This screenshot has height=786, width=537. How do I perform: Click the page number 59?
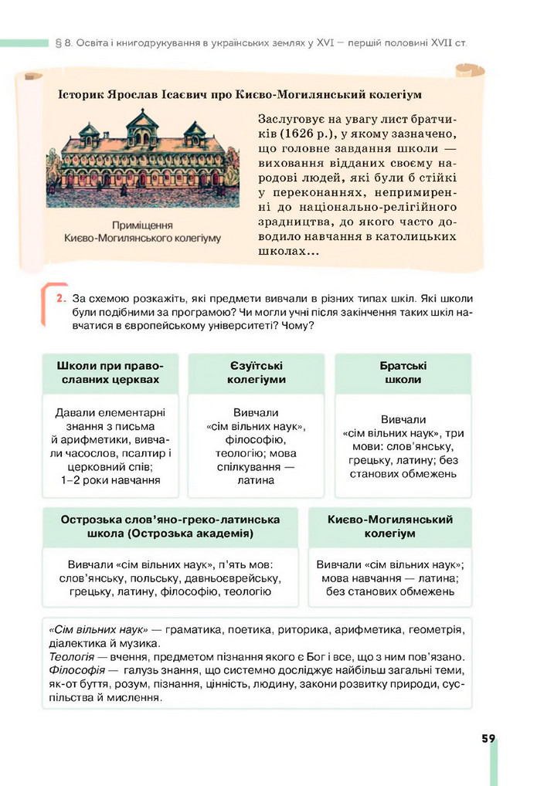coord(488,738)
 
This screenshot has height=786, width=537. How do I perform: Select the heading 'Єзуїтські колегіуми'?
coord(256,372)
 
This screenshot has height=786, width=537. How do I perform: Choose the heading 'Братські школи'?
coord(403,372)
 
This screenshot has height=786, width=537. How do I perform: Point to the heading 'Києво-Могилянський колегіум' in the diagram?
coord(389,526)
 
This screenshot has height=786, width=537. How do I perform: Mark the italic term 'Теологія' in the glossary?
coord(71,656)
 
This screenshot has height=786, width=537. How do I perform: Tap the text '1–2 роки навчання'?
coord(110,479)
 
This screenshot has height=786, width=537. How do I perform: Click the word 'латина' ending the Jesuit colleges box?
coord(256,479)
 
